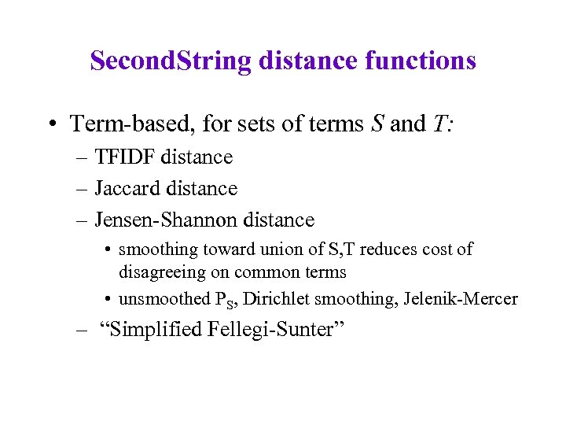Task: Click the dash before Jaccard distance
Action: [83, 190]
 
